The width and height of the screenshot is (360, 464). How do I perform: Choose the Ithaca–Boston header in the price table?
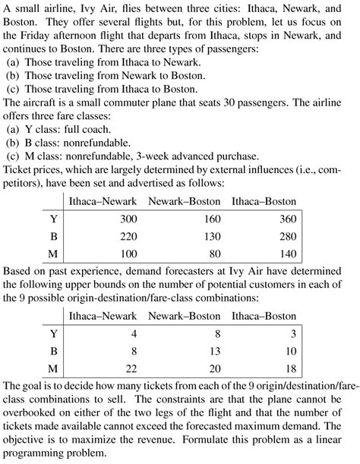(264, 201)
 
